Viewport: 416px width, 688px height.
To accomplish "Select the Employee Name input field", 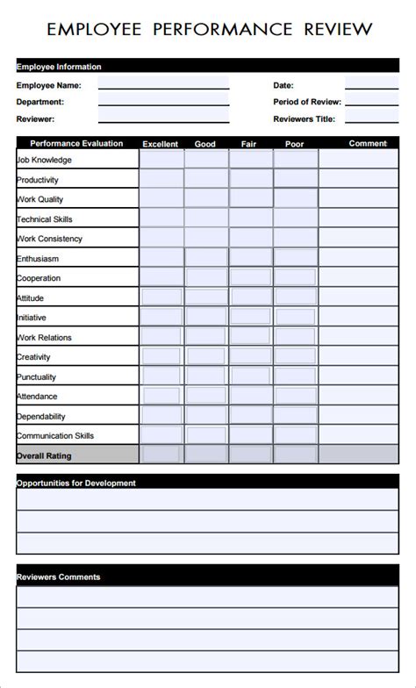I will tap(163, 84).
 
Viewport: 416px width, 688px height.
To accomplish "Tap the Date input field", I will tap(371, 84).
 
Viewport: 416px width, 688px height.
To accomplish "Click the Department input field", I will tap(163, 101).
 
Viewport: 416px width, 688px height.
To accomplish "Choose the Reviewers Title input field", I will tap(371, 118).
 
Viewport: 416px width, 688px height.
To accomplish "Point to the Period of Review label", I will tap(306, 102).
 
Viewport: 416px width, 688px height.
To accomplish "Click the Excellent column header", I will tap(161, 144).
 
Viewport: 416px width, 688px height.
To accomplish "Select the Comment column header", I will tap(367, 143).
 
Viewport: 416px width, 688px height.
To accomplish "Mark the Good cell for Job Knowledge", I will tap(205, 160).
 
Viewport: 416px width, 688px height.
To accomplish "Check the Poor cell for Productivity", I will tap(295, 179).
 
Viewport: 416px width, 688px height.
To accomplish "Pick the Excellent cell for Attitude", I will tap(161, 297).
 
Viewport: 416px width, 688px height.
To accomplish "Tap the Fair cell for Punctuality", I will tap(251, 376).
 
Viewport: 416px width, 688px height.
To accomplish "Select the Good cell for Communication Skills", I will tap(205, 435).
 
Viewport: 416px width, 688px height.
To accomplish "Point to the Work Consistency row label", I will tap(50, 239).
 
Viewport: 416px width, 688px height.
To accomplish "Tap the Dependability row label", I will tap(41, 416).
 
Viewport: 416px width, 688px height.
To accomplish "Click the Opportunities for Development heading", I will tap(76, 483).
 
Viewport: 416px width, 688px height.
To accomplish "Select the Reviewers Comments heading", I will tap(59, 577).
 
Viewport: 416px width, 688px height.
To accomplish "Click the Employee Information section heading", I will tap(59, 67).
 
